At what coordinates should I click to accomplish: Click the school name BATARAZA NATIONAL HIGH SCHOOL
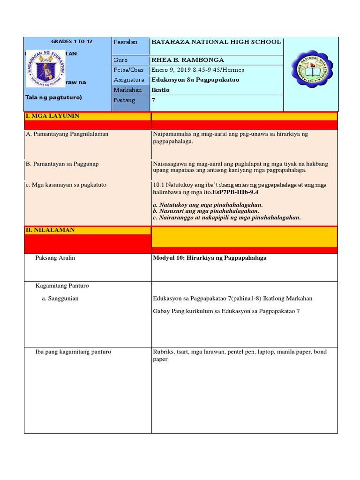click(x=216, y=42)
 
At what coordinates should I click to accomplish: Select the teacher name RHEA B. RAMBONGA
click(x=187, y=60)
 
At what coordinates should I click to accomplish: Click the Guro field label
click(x=120, y=60)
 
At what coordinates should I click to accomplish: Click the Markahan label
click(x=127, y=90)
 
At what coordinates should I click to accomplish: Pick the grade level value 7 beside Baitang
click(x=153, y=100)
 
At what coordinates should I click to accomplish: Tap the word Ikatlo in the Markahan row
click(x=160, y=90)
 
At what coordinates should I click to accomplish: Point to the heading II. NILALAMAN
click(x=51, y=230)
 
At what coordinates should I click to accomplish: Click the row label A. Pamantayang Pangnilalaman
click(x=67, y=134)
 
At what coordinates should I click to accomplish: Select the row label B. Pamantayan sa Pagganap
click(x=62, y=164)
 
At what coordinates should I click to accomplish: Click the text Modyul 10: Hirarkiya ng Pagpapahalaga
click(x=210, y=258)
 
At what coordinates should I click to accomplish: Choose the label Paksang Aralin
click(x=55, y=258)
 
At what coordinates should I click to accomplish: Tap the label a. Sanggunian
click(x=60, y=299)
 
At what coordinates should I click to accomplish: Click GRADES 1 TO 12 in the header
click(x=72, y=42)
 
